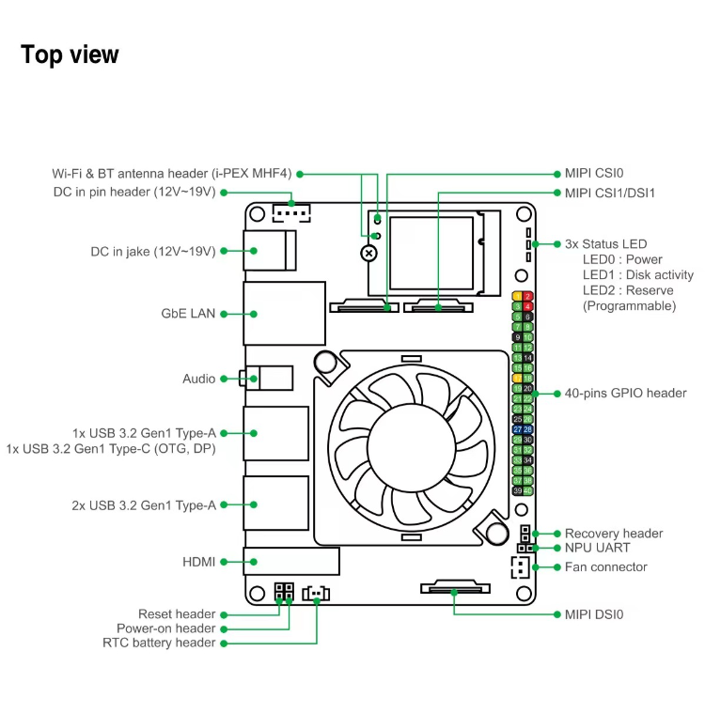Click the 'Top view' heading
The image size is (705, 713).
70,54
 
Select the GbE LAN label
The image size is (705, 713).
188,314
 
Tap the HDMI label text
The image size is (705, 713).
198,562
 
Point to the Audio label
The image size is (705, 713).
198,379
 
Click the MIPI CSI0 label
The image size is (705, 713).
593,174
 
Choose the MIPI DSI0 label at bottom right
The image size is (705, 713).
593,614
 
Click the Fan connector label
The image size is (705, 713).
605,566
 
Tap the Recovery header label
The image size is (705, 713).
613,533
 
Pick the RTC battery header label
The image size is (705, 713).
159,643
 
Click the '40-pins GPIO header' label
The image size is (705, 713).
625,393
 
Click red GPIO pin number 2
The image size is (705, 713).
527,296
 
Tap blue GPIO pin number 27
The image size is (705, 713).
518,429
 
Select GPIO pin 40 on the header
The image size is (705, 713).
527,490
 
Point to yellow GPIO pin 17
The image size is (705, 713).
518,378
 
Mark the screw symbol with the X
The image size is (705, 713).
370,254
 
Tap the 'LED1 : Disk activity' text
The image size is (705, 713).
637,275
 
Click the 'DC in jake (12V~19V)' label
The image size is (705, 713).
152,251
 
